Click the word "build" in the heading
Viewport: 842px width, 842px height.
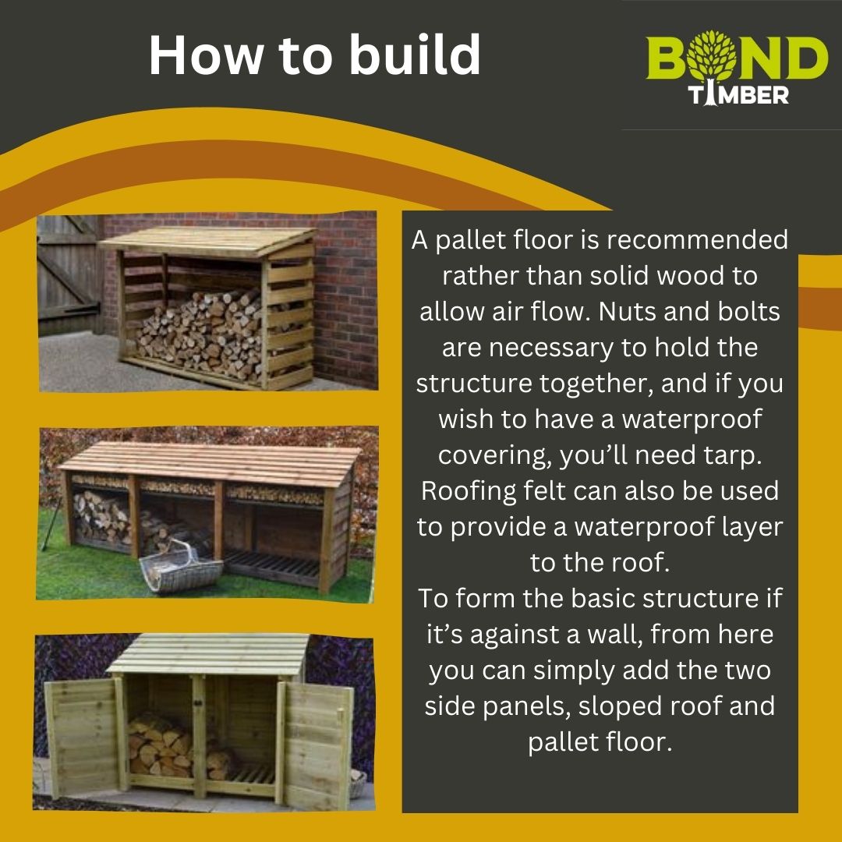[x=415, y=55]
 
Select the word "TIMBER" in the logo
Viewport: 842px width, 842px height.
[x=738, y=94]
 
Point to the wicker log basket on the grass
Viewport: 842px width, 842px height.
[x=180, y=568]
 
